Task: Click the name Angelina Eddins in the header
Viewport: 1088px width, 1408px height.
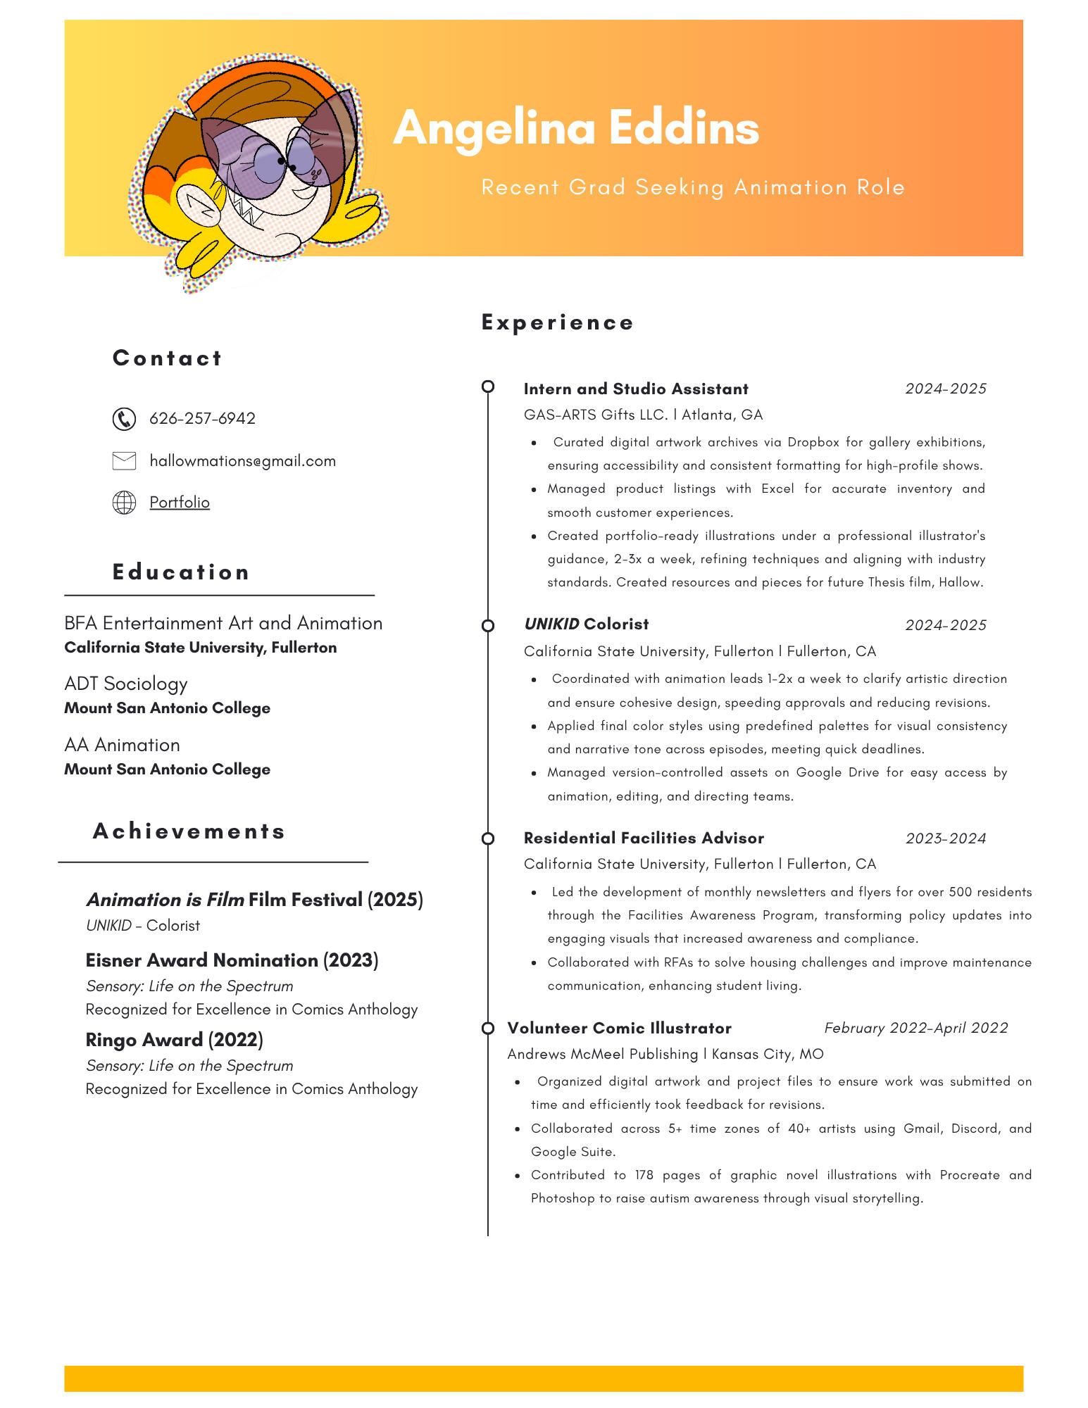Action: pyautogui.click(x=576, y=128)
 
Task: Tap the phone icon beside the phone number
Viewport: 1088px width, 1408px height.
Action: pyautogui.click(x=124, y=419)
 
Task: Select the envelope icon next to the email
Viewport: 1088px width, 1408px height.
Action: pyautogui.click(x=124, y=461)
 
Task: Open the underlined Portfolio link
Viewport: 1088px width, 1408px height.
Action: pyautogui.click(x=180, y=503)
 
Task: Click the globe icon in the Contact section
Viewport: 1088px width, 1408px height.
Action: pyautogui.click(x=124, y=503)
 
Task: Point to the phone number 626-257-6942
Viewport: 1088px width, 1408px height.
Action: pyautogui.click(x=202, y=419)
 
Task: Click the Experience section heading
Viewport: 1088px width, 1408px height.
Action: pyautogui.click(x=557, y=322)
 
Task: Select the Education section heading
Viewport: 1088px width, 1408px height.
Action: pyautogui.click(x=181, y=572)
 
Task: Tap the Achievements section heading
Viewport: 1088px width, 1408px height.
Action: pyautogui.click(x=189, y=831)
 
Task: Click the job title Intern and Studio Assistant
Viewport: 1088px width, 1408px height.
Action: pyautogui.click(x=635, y=389)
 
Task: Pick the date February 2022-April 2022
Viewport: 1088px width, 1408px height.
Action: pyautogui.click(x=915, y=1029)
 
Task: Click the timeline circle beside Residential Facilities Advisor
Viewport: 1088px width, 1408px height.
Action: pyautogui.click(x=488, y=838)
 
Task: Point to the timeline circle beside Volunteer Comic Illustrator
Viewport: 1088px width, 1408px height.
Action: pyautogui.click(x=488, y=1029)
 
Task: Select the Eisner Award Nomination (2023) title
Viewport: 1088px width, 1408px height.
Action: pyautogui.click(x=232, y=961)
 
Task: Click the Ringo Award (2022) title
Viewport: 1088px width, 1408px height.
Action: pyautogui.click(x=174, y=1041)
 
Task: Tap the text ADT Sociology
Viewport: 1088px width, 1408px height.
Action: pyautogui.click(x=126, y=684)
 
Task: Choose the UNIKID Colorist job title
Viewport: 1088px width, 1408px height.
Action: pyautogui.click(x=586, y=624)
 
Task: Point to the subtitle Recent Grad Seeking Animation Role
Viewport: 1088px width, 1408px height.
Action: pyautogui.click(x=693, y=188)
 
